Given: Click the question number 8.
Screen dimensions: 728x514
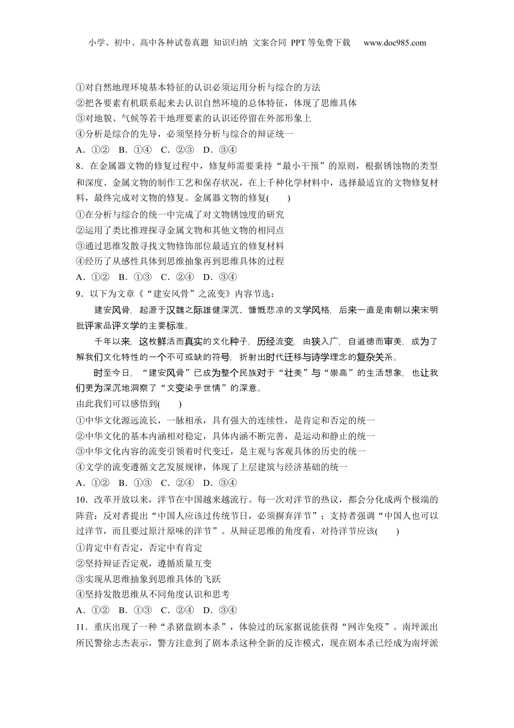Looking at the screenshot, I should (79, 166).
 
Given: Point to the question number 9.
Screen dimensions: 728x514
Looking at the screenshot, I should (79, 294).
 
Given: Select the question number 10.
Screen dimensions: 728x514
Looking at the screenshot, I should (81, 499).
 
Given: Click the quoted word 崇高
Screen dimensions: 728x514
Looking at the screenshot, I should (339, 373).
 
